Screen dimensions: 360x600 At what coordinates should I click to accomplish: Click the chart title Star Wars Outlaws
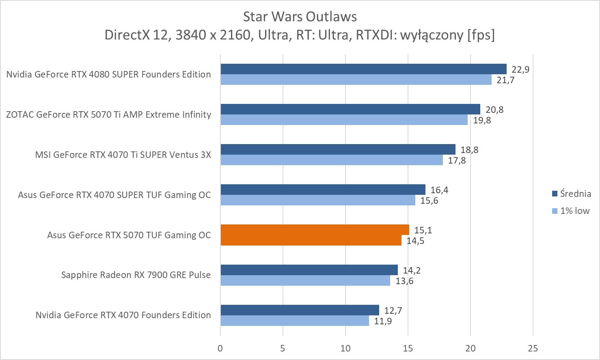[x=300, y=17]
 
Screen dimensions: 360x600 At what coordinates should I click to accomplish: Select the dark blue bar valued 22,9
[x=363, y=69]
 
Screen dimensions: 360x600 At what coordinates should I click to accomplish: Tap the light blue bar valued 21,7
[x=356, y=80]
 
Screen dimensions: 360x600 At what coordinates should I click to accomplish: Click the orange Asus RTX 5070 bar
[x=315, y=235]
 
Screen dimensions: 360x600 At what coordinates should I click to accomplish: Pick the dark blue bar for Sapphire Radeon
[x=309, y=270]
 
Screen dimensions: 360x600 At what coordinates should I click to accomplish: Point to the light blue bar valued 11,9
[x=295, y=321]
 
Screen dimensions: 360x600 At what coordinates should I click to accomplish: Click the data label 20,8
[x=494, y=110]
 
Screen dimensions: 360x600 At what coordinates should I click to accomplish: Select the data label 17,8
[x=457, y=161]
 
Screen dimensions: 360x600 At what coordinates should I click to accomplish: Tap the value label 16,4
[x=439, y=190]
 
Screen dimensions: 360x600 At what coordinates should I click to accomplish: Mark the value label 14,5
[x=415, y=241]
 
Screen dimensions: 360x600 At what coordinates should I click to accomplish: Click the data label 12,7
[x=393, y=311]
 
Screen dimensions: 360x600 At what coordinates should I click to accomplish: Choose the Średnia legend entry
[x=571, y=194]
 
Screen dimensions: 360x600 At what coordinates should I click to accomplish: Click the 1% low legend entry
[x=571, y=211]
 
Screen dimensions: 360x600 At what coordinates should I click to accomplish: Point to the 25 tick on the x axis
[x=533, y=348]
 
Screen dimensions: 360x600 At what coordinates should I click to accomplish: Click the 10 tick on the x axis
[x=345, y=348]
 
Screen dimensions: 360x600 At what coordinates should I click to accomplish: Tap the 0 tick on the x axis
[x=220, y=348]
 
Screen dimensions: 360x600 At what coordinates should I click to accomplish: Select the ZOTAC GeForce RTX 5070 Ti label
[x=108, y=114]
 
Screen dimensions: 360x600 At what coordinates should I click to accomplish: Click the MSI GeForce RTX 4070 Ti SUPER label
[x=123, y=155]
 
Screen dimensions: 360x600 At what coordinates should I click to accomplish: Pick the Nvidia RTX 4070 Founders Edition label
[x=123, y=315]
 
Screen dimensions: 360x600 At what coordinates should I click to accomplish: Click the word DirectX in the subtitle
[x=126, y=35]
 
